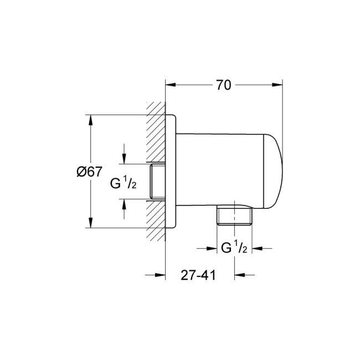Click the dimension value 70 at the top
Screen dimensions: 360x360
pos(223,85)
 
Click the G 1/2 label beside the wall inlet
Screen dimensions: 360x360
pos(124,183)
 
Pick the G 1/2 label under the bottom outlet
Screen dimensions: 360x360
pos(233,248)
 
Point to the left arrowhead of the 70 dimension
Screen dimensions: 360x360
pos(171,85)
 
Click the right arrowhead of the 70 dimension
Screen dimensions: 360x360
pos(278,85)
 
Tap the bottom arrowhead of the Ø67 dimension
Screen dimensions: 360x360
pos(89,223)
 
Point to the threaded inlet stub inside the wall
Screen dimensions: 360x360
pos(157,182)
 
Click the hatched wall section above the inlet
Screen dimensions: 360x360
pos(156,133)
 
